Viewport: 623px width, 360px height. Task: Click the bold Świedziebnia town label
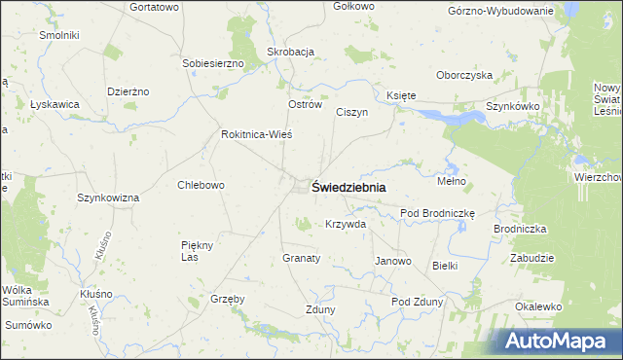coord(348,188)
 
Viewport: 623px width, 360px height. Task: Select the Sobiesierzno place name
coord(212,63)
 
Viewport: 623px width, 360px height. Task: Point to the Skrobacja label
coord(290,53)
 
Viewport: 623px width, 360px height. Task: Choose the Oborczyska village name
coord(465,75)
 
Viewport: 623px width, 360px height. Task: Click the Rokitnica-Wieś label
coord(257,134)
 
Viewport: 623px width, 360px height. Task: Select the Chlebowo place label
coord(202,185)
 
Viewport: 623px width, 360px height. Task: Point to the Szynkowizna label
coord(108,198)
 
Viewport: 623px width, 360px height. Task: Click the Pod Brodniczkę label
coord(436,213)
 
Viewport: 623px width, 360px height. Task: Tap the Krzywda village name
coord(346,224)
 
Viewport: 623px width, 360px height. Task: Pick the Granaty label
coord(302,258)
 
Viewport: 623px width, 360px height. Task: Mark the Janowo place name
coord(393,261)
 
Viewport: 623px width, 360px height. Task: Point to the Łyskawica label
coord(55,104)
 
